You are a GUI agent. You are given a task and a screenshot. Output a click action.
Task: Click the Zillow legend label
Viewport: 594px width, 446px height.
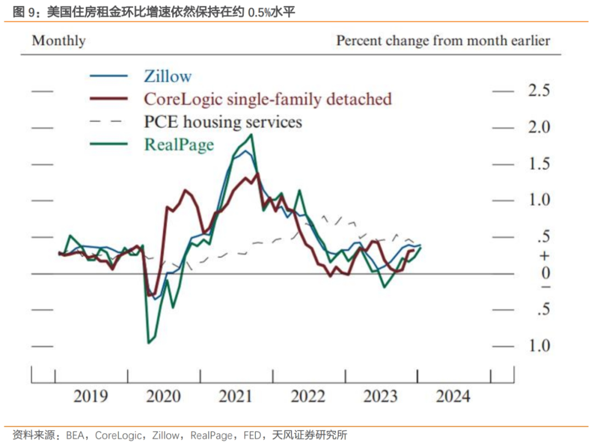coord(168,76)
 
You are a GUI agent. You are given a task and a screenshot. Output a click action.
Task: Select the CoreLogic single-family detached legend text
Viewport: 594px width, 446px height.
coord(268,99)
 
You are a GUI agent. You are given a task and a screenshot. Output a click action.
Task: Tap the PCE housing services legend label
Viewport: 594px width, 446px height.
coord(223,121)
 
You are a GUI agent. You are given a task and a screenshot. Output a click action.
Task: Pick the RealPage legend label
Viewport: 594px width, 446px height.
coord(179,144)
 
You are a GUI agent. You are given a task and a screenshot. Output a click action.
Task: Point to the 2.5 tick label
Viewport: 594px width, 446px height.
coord(538,91)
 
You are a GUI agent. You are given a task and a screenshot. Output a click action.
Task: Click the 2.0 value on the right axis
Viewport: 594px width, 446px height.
coord(538,127)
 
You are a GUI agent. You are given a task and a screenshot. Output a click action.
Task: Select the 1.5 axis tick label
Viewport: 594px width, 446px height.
coord(538,164)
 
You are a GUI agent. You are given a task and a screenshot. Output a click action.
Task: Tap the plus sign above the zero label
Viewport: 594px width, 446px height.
coord(545,256)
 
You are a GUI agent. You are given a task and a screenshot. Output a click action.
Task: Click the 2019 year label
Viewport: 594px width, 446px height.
coord(91,396)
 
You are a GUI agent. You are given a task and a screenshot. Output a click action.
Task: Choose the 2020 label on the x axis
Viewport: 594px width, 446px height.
coord(163,396)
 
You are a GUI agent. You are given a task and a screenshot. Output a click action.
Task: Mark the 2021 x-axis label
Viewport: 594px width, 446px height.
coord(235,396)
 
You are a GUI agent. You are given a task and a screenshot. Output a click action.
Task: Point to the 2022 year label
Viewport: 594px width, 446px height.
coord(308,396)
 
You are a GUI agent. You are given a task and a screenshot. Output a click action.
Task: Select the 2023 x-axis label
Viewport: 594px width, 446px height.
coord(381,396)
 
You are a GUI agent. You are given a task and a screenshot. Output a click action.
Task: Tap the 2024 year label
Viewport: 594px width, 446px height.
coord(453,396)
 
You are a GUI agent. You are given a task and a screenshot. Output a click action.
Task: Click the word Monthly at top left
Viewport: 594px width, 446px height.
coord(59,41)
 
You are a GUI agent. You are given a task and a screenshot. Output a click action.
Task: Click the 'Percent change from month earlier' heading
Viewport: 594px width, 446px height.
coord(443,41)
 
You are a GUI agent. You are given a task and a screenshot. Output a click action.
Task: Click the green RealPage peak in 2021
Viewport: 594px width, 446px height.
coord(251,134)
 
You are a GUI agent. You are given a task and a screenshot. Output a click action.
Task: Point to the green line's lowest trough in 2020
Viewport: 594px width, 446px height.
coord(148,343)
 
